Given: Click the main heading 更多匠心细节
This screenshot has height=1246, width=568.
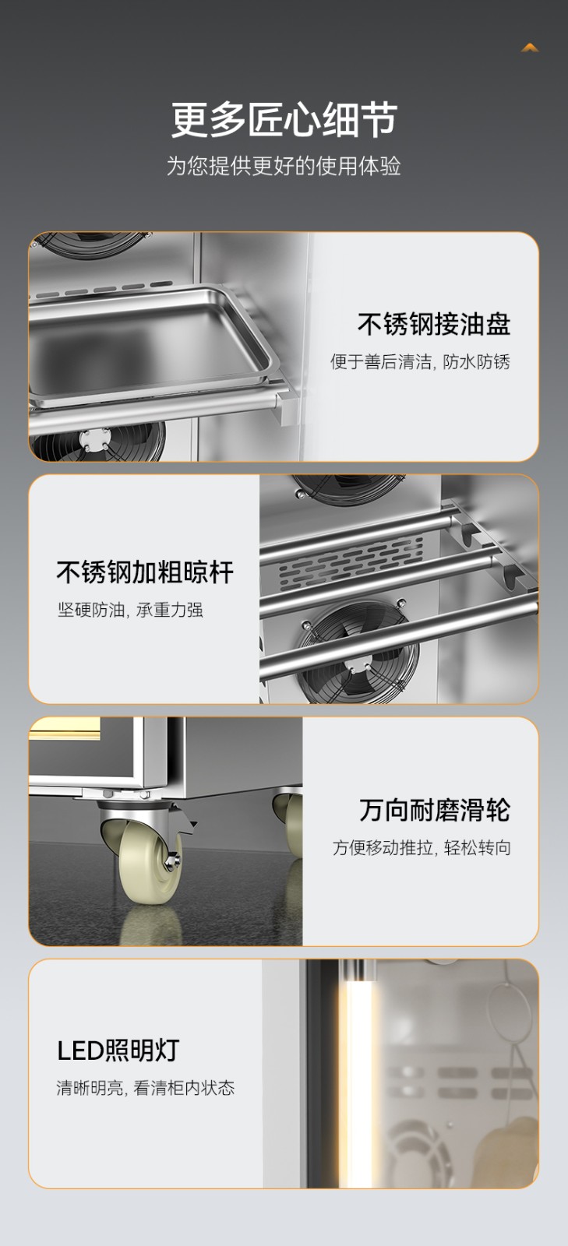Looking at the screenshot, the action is coord(284,119).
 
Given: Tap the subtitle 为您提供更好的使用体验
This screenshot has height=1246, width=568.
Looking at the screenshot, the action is coord(284,166).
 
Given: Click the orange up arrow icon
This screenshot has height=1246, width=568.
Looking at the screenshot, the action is coord(530,48).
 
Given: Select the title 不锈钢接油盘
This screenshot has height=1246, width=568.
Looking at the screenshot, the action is coord(434,324).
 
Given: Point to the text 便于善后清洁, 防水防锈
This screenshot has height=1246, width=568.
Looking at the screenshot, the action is coord(420,361).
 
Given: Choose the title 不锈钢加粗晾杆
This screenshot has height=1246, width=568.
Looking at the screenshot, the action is coord(145,572).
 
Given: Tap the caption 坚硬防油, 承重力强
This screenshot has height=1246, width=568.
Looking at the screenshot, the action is coord(130,610).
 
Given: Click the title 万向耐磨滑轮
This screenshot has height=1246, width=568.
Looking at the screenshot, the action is coord(435,810).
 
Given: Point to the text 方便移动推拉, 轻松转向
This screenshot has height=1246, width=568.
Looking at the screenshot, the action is coord(422,848).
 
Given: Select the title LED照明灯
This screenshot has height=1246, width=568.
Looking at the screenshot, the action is coord(118,1051).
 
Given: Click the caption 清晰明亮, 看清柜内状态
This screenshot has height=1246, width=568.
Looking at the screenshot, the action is coord(145,1087).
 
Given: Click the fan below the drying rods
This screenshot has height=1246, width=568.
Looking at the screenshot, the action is coord(359,652).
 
